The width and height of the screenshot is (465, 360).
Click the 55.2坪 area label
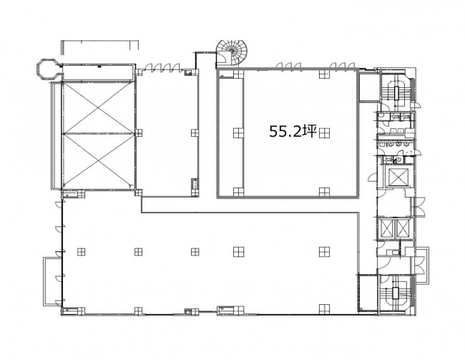click(293, 131)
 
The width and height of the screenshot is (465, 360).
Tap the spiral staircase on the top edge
click(232, 54)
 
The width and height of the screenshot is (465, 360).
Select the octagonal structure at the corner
click(46, 69)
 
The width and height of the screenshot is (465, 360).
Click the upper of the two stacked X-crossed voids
click(98, 107)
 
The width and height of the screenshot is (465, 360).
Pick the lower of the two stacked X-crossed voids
click(98, 160)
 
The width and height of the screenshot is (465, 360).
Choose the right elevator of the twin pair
click(403, 228)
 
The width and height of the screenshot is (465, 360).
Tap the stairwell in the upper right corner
click(396, 88)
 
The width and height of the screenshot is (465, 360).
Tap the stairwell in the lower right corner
click(396, 293)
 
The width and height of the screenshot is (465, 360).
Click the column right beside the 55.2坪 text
click(325, 132)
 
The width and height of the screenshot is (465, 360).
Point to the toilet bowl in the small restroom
click(398, 160)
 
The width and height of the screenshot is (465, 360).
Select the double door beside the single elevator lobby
click(420, 206)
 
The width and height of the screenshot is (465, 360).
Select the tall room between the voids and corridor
click(167, 133)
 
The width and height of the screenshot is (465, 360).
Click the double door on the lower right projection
click(420, 266)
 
